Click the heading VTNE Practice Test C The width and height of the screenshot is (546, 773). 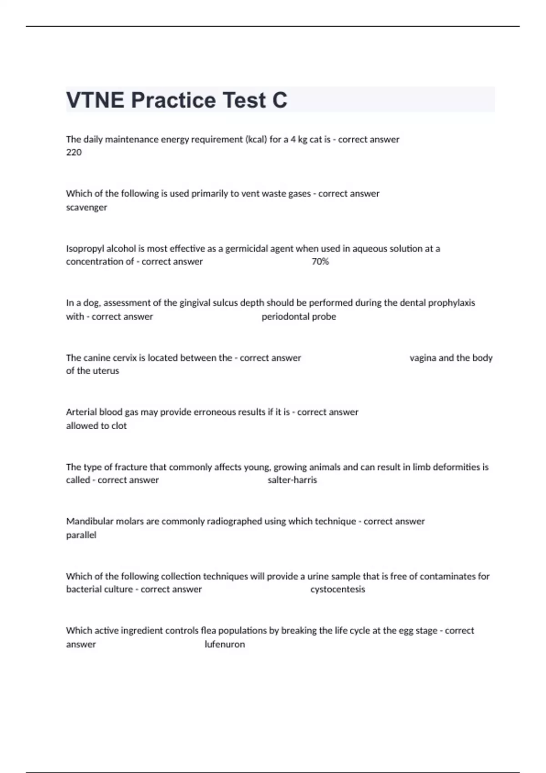pyautogui.click(x=177, y=100)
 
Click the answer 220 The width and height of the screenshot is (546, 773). pyautogui.click(x=74, y=152)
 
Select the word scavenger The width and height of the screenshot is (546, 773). pyautogui.click(x=86, y=207)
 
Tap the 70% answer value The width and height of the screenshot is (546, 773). pyautogui.click(x=320, y=261)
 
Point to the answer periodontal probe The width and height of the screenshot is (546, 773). pyautogui.click(x=298, y=316)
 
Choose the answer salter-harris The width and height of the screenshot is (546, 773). pyautogui.click(x=292, y=480)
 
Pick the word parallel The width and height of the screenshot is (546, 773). pyautogui.click(x=81, y=535)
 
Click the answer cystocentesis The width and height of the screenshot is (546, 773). pyautogui.click(x=338, y=589)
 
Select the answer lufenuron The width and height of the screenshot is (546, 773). pyautogui.click(x=225, y=644)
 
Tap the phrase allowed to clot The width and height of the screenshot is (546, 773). pyautogui.click(x=96, y=426)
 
